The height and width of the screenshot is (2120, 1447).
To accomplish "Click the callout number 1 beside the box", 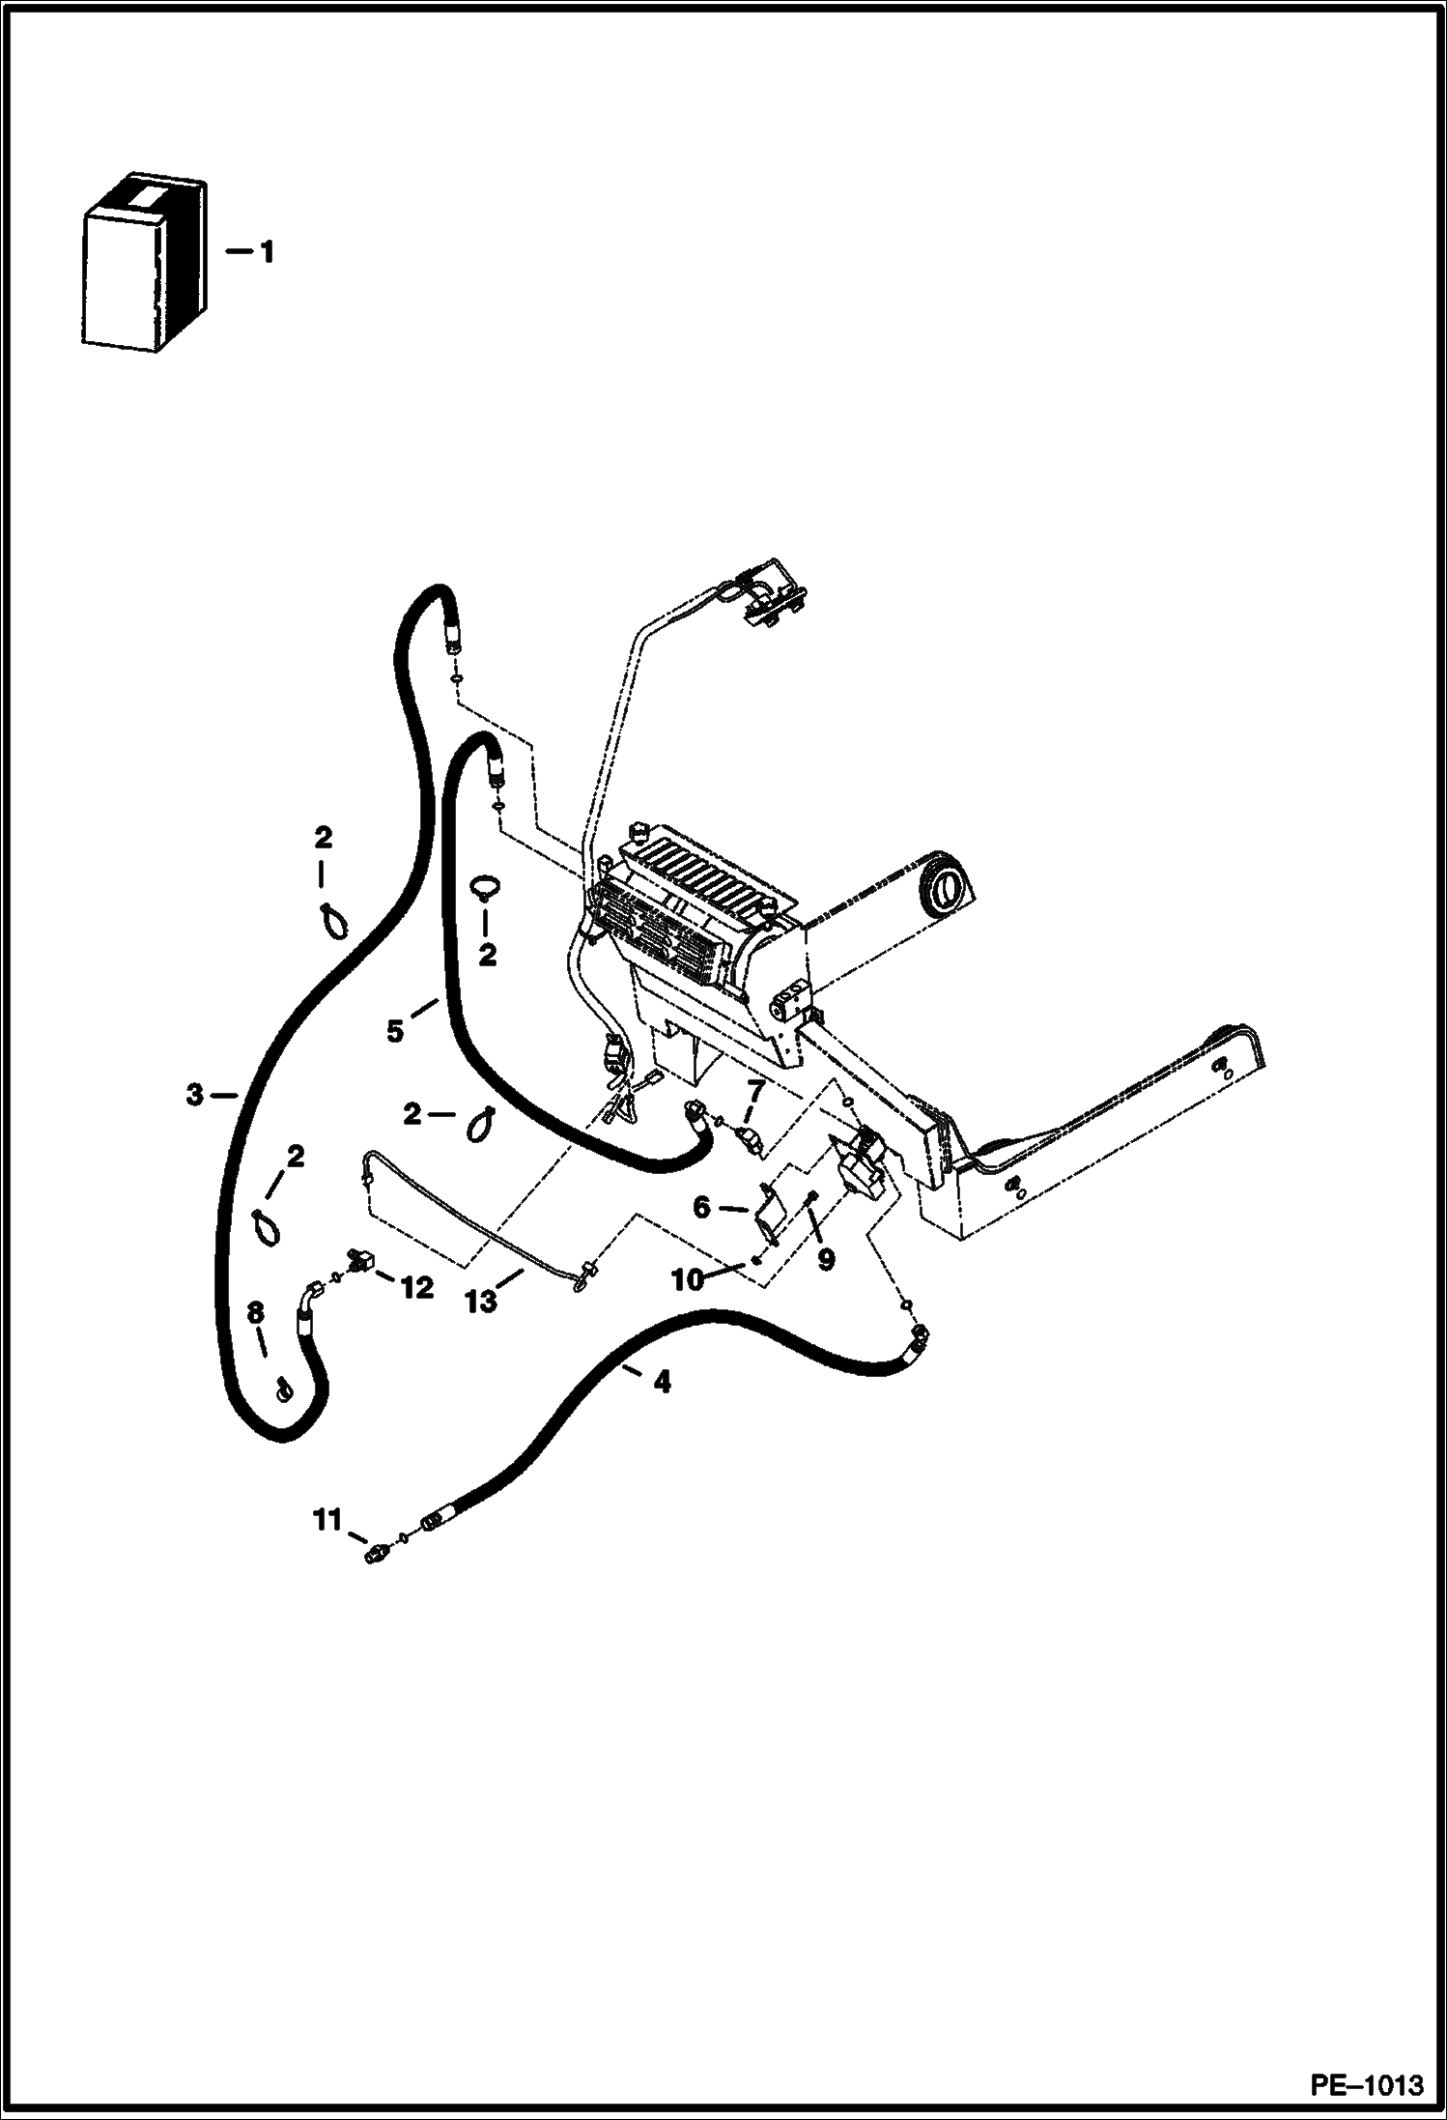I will (265, 253).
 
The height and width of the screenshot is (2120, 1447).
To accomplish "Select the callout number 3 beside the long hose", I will (195, 1095).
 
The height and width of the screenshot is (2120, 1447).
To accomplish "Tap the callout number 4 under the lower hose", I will (661, 1383).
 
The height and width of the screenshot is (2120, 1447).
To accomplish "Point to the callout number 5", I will (395, 1032).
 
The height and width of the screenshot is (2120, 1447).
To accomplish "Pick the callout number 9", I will (825, 1259).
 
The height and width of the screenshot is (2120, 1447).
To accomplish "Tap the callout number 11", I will (327, 1521).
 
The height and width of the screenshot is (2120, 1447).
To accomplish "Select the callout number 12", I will (417, 1287).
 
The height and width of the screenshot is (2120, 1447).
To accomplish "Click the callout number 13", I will (481, 1302).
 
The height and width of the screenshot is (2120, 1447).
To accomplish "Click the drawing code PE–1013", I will (1366, 2081).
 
